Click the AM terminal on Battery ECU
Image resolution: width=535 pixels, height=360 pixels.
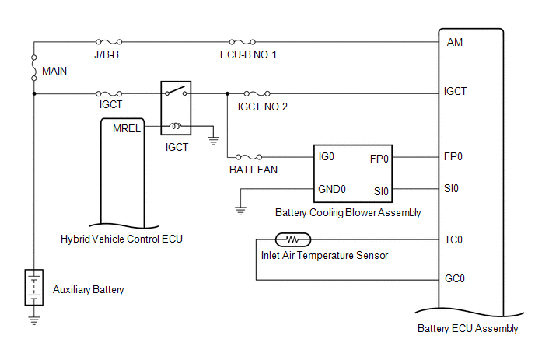pos(455,42)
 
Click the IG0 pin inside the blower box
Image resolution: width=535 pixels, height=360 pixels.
pos(327,156)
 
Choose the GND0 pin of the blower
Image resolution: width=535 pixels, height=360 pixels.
pos(332,189)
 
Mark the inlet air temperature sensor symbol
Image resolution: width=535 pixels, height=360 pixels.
pos(293,239)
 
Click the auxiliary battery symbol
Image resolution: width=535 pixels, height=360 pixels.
pos(33,288)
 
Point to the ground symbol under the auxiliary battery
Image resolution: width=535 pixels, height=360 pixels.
pos(33,317)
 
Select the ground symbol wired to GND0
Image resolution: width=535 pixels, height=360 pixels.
pos(240,210)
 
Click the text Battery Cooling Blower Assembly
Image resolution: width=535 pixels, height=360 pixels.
pos(348,212)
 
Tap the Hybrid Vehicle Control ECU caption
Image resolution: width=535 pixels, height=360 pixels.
pos(121,239)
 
